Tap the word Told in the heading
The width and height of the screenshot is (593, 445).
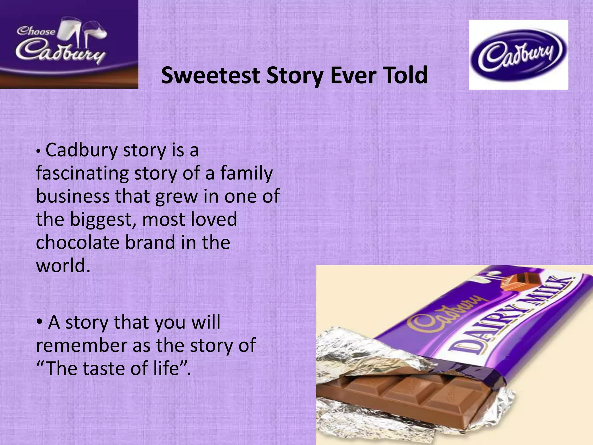406,75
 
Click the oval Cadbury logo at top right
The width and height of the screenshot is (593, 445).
518,54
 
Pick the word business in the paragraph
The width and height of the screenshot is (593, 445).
73,196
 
